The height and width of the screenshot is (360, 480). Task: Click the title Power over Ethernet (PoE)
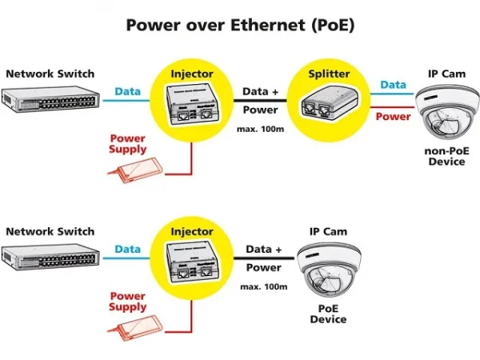pyautogui.click(x=240, y=25)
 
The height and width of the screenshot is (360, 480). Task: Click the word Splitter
pyautogui.click(x=329, y=74)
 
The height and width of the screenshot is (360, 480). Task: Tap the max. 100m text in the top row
pyautogui.click(x=262, y=129)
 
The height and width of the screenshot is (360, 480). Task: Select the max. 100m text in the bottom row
pyautogui.click(x=262, y=286)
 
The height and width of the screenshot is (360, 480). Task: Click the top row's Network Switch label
pyautogui.click(x=50, y=74)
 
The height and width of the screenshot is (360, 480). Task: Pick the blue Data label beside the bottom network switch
pyautogui.click(x=127, y=250)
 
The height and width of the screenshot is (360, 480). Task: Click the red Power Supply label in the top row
pyautogui.click(x=128, y=144)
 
